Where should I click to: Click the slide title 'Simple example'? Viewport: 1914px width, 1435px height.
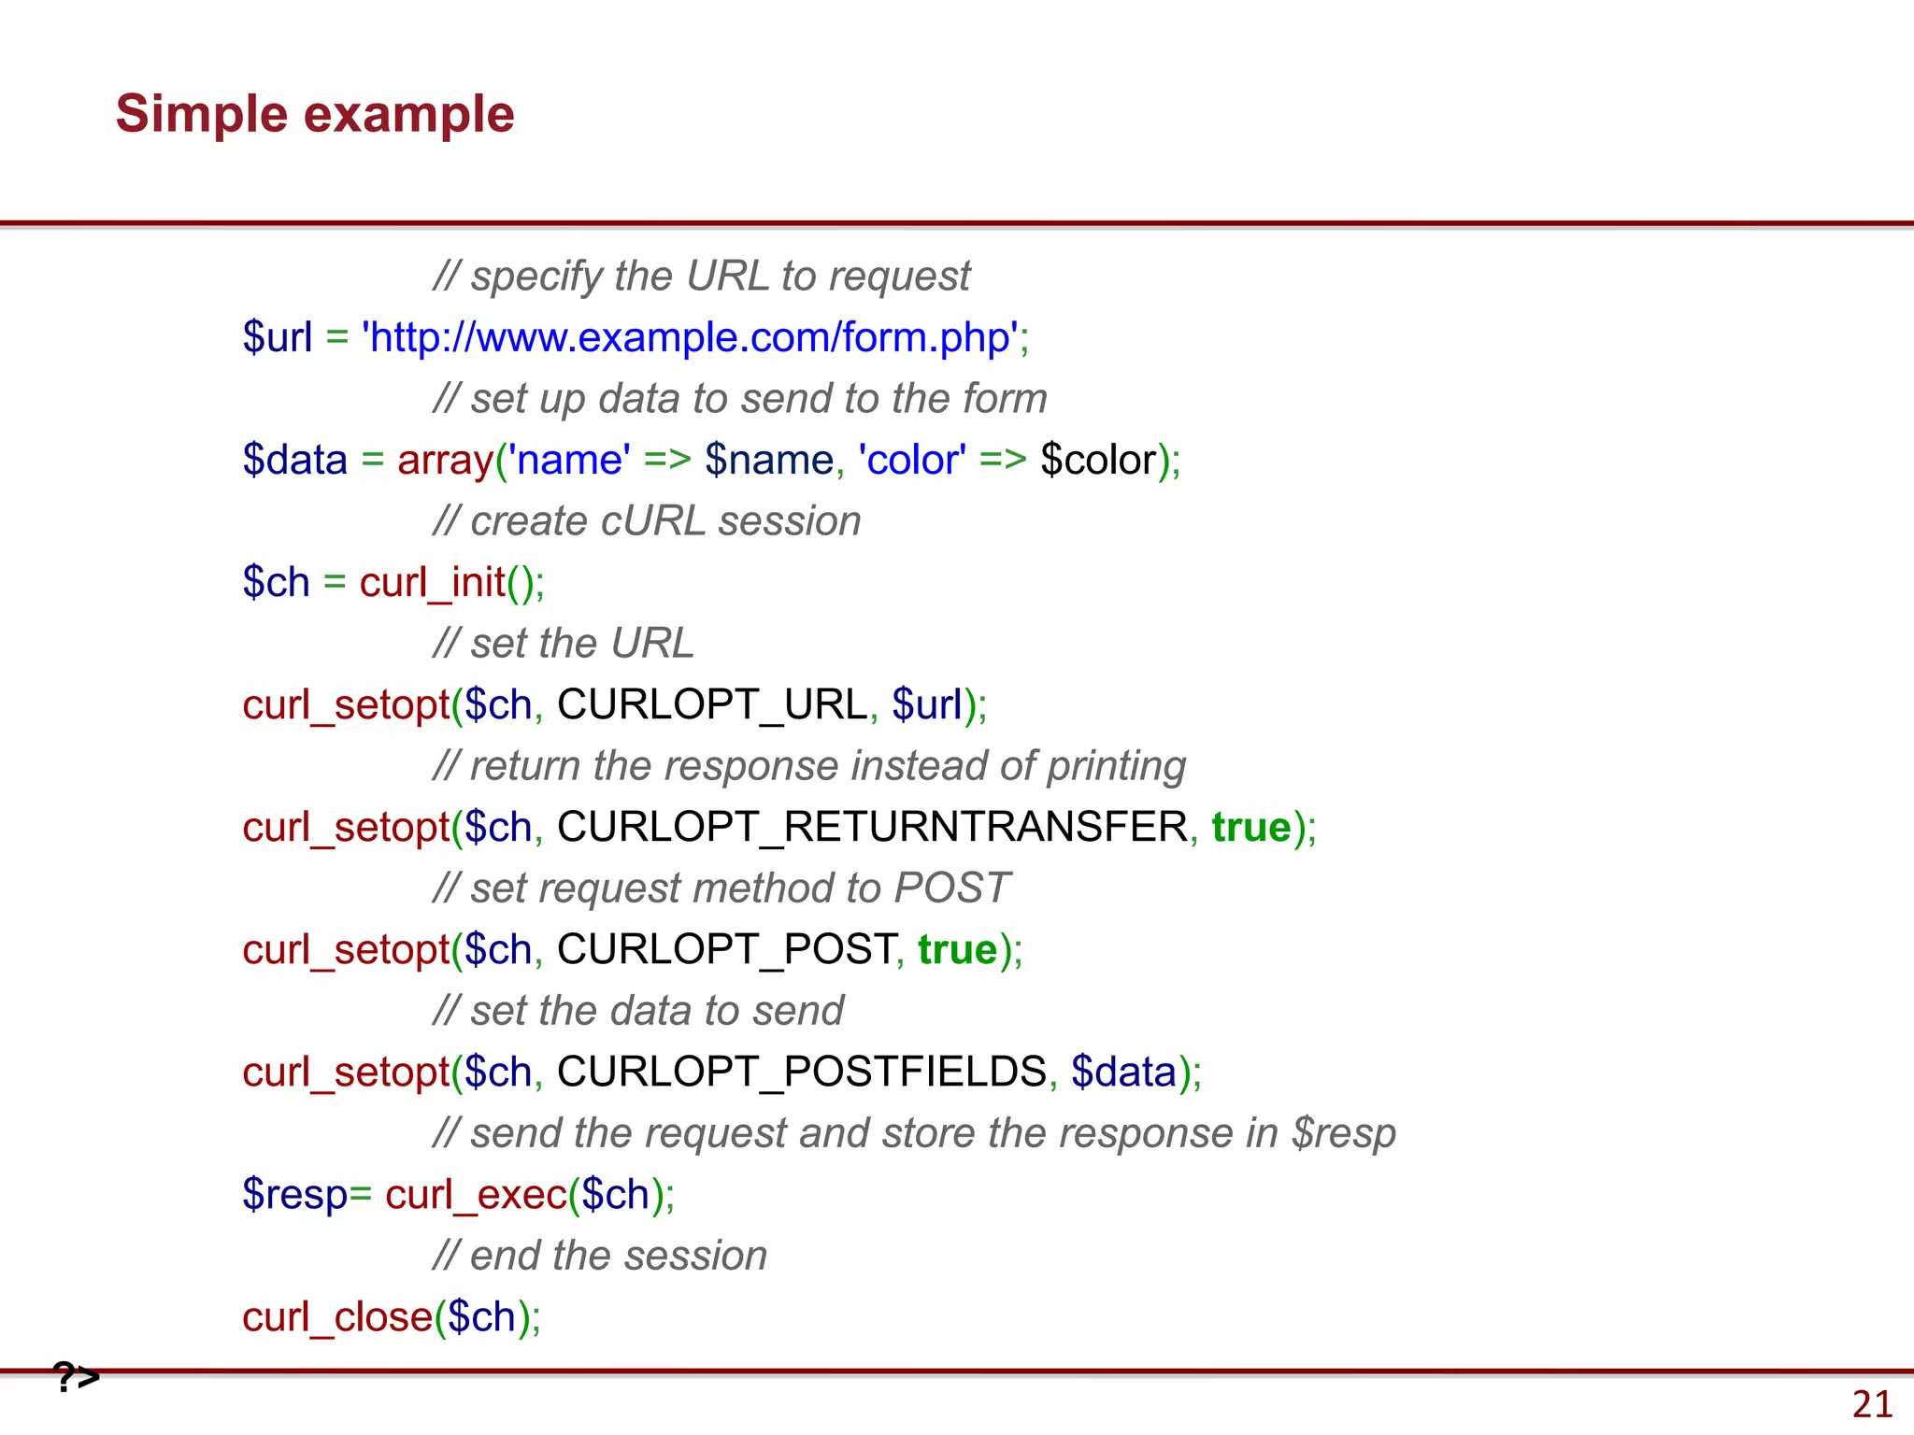(315, 114)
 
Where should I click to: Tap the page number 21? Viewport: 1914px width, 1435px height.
(1872, 1404)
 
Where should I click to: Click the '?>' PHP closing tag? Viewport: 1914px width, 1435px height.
(77, 1376)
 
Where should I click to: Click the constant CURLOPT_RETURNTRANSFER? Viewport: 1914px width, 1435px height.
(872, 827)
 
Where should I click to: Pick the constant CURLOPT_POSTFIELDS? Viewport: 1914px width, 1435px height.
(802, 1072)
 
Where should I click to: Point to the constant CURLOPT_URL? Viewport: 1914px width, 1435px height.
(712, 704)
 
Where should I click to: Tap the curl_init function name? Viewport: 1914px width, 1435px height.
(432, 582)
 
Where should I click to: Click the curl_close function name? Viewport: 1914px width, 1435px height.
(337, 1316)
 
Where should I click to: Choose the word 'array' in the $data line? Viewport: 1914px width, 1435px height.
(445, 460)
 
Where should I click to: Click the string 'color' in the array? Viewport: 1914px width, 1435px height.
(911, 460)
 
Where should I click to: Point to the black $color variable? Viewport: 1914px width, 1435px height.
(1097, 460)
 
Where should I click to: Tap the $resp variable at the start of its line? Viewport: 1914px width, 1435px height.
(294, 1194)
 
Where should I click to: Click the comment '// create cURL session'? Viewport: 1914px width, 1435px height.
(647, 521)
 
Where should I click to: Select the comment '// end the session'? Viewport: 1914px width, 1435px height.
(600, 1256)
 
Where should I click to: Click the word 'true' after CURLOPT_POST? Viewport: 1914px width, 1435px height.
(958, 949)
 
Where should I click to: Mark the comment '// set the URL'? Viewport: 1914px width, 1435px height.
(564, 644)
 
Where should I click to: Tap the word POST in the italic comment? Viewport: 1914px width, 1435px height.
(951, 888)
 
